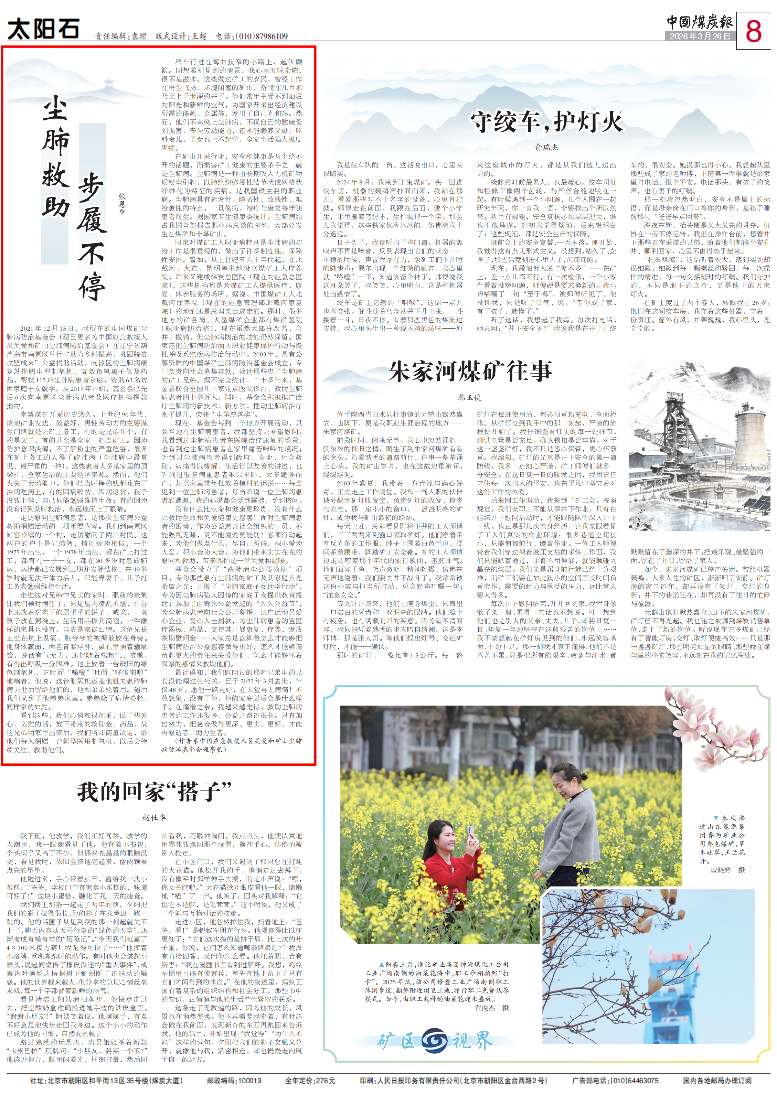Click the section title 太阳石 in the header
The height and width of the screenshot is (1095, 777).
pyautogui.click(x=43, y=29)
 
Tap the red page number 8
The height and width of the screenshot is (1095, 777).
pyautogui.click(x=754, y=31)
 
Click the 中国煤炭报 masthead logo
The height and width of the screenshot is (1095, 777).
pyautogui.click(x=700, y=22)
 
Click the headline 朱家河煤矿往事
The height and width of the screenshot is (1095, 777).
pyautogui.click(x=470, y=372)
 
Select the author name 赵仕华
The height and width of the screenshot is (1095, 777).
pyautogui.click(x=154, y=817)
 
